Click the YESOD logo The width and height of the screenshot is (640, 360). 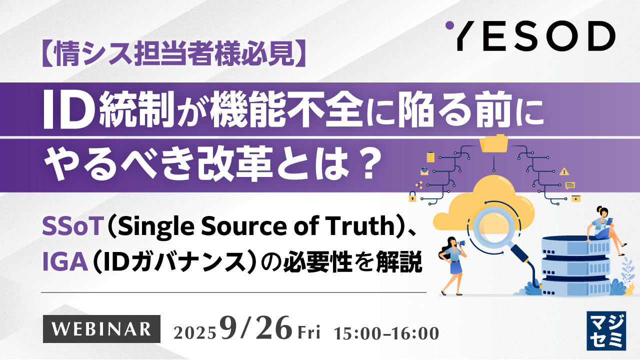tap(530, 36)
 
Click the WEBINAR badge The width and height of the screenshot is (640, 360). tap(101, 328)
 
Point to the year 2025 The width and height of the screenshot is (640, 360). tap(195, 331)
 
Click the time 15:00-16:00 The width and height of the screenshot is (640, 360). tap(388, 331)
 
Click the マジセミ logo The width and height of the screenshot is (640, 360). tap(606, 330)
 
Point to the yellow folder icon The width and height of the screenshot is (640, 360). tap(493, 143)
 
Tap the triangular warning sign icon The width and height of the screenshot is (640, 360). tap(564, 171)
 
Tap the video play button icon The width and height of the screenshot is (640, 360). tap(576, 198)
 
